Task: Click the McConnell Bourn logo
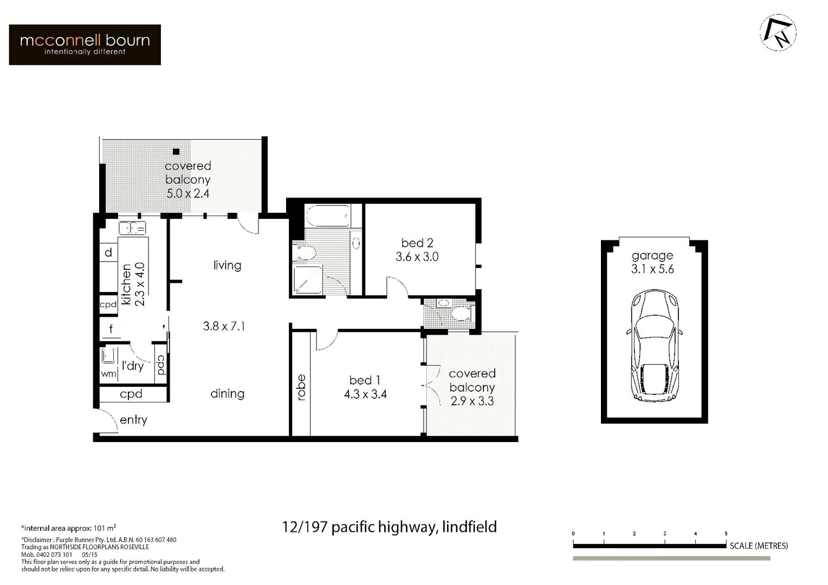coord(85,44)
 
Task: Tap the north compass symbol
coord(778,32)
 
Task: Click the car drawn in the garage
coord(653,345)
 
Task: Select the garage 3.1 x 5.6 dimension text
coord(652,269)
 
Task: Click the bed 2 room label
coord(417,243)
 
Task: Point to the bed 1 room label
coord(365,380)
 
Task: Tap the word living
coord(227,265)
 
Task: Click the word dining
coord(227,394)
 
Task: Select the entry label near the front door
coord(133,420)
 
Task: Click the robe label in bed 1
coord(301,387)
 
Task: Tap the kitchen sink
coord(132,228)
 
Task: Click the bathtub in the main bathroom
coord(327,216)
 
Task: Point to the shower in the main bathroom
coord(307,280)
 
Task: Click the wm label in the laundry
coord(108,374)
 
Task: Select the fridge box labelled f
coord(111,329)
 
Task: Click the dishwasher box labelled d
coord(108,252)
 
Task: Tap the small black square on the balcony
coord(176,152)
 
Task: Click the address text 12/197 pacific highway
coord(389,526)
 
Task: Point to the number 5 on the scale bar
coord(726,534)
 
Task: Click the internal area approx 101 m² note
coord(69,528)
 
